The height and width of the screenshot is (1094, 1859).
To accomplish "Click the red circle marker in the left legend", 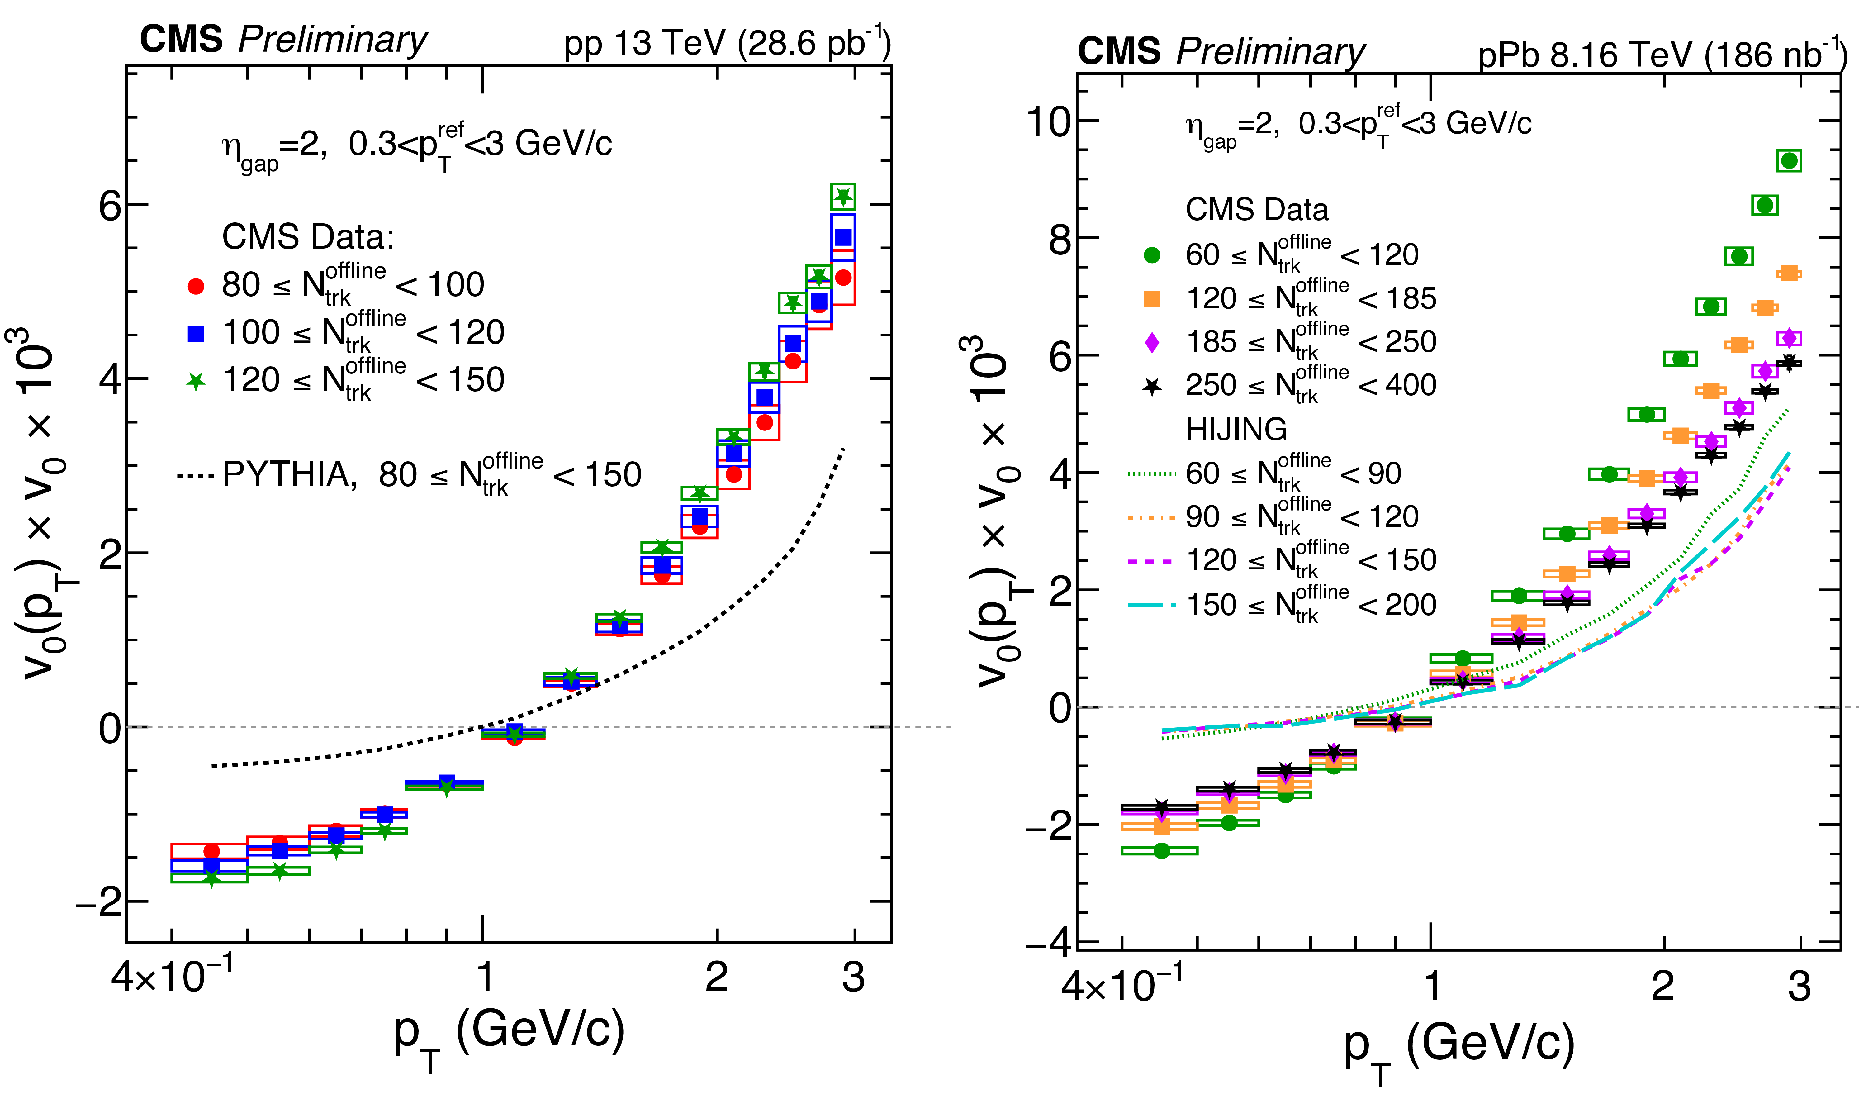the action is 196,286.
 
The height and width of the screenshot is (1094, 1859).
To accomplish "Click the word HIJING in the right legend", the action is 1236,429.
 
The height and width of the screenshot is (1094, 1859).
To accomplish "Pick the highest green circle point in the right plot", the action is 1789,160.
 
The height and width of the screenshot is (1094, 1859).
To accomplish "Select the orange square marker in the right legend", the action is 1151,298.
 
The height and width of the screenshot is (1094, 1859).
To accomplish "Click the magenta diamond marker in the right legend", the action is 1151,341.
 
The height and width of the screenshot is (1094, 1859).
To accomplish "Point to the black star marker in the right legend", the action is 1151,385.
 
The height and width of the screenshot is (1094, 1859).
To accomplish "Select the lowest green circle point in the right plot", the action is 1162,851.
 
